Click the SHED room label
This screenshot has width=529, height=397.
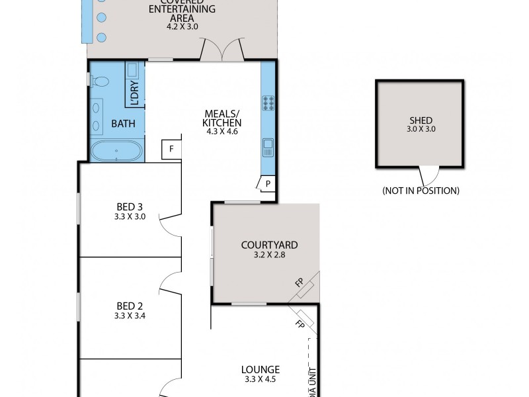point(421,120)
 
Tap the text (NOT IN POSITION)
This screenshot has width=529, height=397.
point(421,191)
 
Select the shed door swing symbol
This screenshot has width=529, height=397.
point(428,175)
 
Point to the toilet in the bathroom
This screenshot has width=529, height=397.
point(101,81)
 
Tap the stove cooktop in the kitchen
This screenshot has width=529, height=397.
point(269,103)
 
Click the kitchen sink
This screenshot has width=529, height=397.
point(268,146)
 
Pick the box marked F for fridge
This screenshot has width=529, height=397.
point(171,149)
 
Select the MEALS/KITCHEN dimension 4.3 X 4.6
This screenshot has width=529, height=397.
point(222,132)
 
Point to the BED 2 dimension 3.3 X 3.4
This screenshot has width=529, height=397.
point(130,316)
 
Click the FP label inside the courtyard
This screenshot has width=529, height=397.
point(300,283)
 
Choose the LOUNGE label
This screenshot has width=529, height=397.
point(261,369)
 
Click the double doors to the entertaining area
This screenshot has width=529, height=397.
point(222,50)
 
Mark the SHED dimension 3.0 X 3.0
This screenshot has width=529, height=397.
point(421,130)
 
